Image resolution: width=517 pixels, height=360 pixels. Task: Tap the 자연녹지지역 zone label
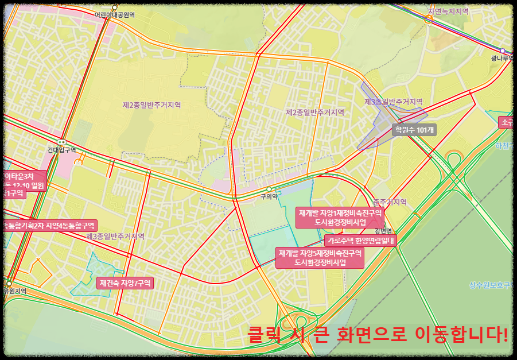(448, 11)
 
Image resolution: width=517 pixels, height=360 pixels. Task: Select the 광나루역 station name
(502, 58)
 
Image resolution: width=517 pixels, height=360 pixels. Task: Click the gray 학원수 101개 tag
(414, 130)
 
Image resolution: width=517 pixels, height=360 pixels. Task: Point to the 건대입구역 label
(61, 150)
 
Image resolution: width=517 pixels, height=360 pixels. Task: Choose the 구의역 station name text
(269, 196)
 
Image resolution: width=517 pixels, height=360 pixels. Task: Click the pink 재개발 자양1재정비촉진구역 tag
(340, 217)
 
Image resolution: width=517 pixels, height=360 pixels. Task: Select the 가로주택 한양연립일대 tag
(360, 241)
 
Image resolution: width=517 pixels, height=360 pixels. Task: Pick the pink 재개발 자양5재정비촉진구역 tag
(320, 257)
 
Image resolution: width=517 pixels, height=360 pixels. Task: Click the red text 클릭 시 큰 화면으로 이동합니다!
(378, 334)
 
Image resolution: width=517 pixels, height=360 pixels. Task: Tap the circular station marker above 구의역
(269, 189)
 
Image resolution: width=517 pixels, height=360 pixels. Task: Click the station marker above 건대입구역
(61, 142)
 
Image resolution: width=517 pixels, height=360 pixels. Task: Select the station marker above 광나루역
(503, 51)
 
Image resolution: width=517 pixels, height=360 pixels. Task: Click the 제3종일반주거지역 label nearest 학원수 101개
(394, 102)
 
